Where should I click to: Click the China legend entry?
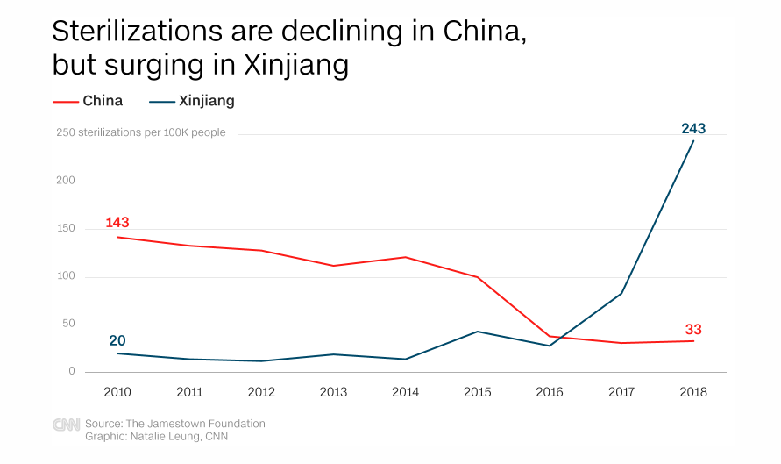pyautogui.click(x=102, y=101)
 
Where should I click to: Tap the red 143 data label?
pyautogui.click(x=117, y=222)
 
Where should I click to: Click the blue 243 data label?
pyautogui.click(x=693, y=129)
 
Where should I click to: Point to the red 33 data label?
pyautogui.click(x=693, y=330)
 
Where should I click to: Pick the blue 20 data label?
pyautogui.click(x=117, y=340)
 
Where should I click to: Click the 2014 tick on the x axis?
pyautogui.click(x=406, y=392)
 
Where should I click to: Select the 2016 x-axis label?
pyautogui.click(x=550, y=392)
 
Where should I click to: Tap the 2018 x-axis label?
pyautogui.click(x=693, y=392)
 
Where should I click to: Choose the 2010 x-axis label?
pyautogui.click(x=117, y=392)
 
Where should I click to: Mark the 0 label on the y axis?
pyautogui.click(x=72, y=372)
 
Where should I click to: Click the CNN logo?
pyautogui.click(x=66, y=425)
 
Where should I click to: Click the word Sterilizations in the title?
pyautogui.click(x=123, y=32)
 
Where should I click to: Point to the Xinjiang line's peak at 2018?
pyautogui.click(x=694, y=140)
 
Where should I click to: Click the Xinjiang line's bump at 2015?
pyautogui.click(x=478, y=332)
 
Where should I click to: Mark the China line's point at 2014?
pyautogui.click(x=406, y=257)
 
